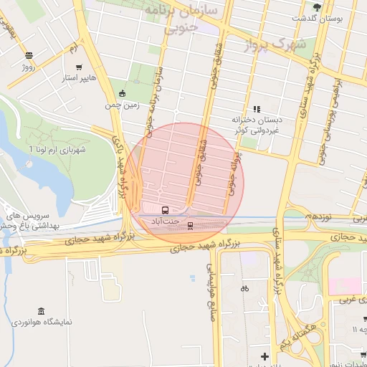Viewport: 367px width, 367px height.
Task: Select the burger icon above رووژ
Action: pos(29,55)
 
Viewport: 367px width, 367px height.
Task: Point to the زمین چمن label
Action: pos(122,105)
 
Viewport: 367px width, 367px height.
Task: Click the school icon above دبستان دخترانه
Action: pos(257,109)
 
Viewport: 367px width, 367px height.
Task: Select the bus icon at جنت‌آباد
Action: pos(166,211)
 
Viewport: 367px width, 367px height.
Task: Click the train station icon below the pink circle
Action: pos(190,226)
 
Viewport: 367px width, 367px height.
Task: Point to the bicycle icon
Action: pos(245,288)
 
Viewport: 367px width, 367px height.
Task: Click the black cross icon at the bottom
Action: pos(264,356)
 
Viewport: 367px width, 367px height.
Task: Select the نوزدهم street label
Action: pos(317,215)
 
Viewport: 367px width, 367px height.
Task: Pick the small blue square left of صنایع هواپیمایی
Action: pos(192,277)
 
